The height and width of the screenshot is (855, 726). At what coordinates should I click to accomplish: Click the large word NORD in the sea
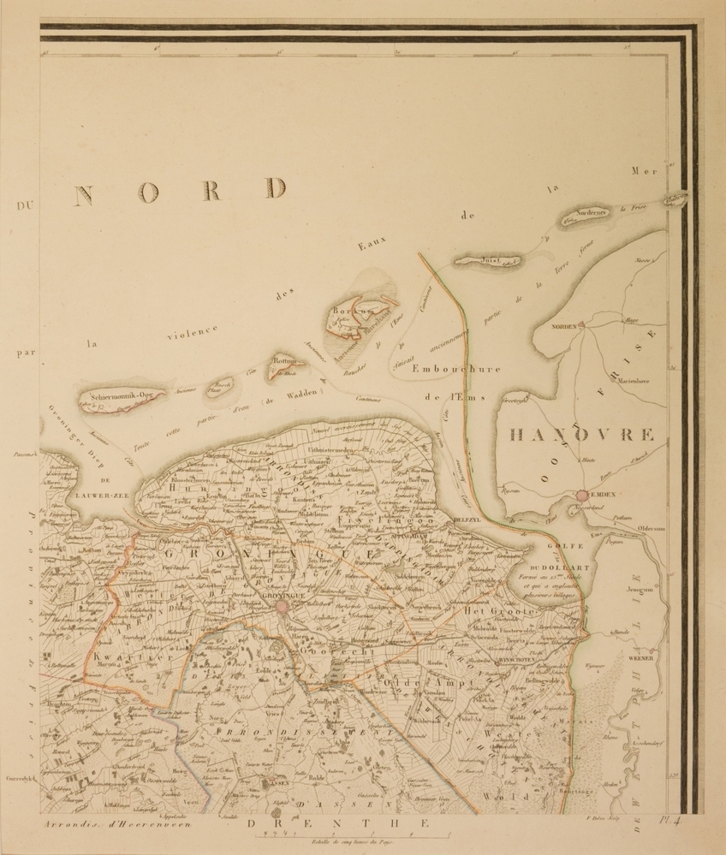pos(180,191)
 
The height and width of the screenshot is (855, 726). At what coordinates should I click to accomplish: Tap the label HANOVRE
pos(582,435)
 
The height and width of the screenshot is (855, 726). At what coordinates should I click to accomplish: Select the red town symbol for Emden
pos(583,495)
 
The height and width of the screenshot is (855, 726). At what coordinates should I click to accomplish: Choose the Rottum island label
pos(283,363)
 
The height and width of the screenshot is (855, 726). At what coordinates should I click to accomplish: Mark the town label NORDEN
pos(564,327)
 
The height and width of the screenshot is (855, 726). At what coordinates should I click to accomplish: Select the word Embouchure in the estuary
pos(455,370)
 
